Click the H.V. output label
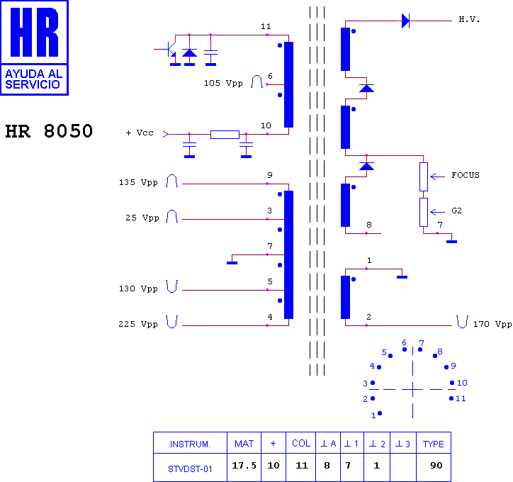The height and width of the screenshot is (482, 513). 469,19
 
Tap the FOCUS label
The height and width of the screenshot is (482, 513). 466,175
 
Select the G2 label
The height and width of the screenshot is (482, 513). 456,211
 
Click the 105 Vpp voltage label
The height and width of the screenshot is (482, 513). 223,83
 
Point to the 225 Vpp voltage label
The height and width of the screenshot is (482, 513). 138,324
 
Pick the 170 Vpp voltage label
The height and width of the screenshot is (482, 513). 492,324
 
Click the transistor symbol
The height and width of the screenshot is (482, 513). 169,49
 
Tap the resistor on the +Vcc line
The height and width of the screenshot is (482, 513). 225,135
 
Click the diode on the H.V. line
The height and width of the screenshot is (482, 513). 406,21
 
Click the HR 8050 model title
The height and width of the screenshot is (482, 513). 49,131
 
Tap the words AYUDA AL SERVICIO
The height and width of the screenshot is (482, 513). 34,79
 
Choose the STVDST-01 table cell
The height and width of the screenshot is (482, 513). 190,469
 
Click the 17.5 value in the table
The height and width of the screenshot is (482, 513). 244,465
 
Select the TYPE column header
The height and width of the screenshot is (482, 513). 433,444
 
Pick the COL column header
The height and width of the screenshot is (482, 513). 301,444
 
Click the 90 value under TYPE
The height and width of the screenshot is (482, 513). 436,465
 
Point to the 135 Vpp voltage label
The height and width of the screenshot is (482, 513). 138,182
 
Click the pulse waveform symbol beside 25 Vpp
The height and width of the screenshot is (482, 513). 171,216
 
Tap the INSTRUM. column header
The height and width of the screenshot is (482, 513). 190,444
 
